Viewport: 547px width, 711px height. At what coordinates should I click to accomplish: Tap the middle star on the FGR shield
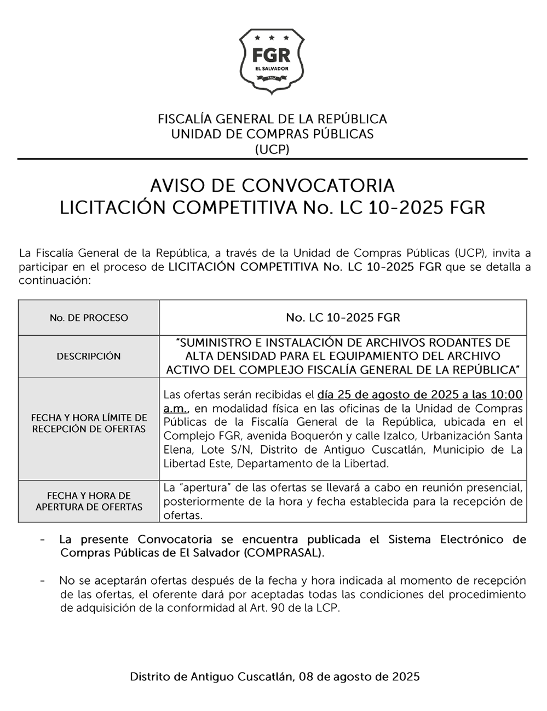coord(272,38)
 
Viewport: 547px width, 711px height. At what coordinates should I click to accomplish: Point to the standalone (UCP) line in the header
coord(272,148)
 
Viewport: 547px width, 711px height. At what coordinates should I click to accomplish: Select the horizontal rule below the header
coord(272,159)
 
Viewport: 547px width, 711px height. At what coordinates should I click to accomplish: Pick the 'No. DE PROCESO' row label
coord(89,318)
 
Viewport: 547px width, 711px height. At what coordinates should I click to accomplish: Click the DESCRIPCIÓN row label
coord(89,356)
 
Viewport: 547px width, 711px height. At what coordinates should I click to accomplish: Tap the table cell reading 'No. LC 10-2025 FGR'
coord(343,318)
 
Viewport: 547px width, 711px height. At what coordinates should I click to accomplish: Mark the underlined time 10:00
coord(506,395)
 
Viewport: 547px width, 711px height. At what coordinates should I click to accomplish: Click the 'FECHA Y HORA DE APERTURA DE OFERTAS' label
coord(89,501)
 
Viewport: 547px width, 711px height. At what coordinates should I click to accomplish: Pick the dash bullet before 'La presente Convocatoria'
coord(42,540)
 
